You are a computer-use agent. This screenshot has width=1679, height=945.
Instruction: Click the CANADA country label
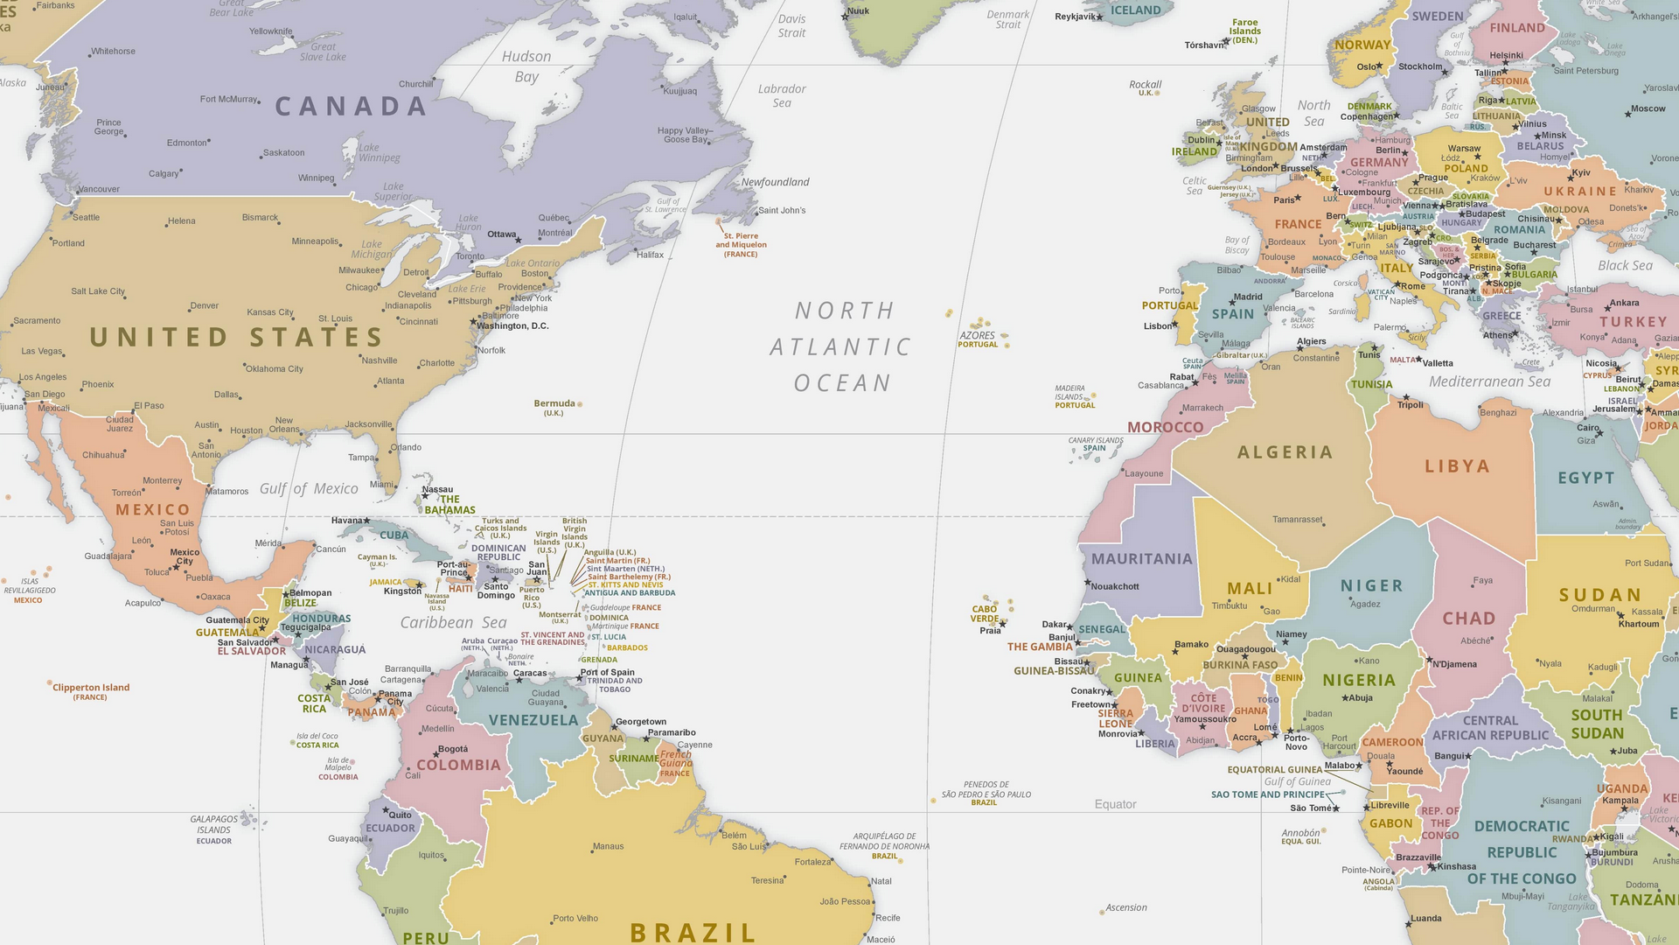click(351, 107)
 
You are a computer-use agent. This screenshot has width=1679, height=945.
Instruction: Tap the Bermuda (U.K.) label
click(554, 407)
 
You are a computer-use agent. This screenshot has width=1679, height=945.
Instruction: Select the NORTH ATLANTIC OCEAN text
click(841, 346)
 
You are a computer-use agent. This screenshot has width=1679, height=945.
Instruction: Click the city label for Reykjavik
click(1075, 17)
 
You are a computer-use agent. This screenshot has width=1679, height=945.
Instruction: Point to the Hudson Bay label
click(526, 66)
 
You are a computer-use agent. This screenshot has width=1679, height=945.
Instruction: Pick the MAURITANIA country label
click(1141, 559)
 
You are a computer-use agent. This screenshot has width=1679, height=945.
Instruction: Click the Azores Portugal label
click(978, 339)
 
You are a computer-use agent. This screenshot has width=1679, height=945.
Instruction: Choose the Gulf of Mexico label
click(309, 489)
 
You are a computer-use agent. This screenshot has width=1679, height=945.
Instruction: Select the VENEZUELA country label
click(533, 720)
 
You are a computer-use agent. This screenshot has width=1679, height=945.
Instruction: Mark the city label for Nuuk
click(858, 11)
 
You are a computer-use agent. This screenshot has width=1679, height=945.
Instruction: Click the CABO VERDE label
click(985, 613)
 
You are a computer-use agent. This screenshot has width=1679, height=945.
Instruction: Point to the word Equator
click(1115, 804)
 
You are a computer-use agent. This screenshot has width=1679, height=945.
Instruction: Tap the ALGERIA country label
click(1285, 452)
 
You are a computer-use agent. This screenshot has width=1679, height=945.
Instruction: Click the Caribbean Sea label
click(453, 622)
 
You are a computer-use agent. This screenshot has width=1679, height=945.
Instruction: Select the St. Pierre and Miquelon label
click(741, 245)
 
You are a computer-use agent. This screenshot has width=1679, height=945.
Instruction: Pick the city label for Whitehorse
click(113, 51)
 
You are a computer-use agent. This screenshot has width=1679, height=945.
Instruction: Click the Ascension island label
click(1125, 907)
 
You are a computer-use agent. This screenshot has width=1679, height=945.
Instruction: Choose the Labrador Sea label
click(782, 95)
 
